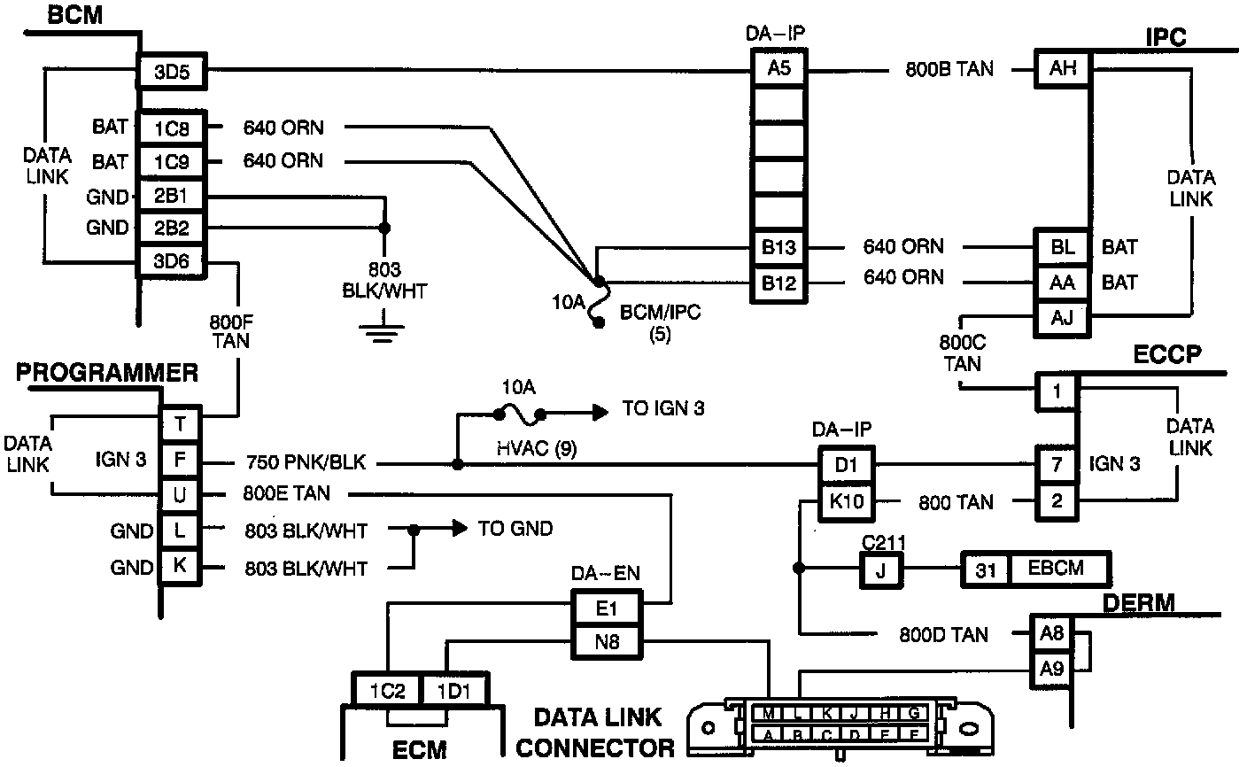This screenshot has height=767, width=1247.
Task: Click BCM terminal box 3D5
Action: (172, 71)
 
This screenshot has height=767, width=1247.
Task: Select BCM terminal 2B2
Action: (172, 228)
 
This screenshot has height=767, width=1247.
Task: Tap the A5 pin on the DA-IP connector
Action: (778, 68)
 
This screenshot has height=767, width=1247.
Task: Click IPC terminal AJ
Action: (1062, 318)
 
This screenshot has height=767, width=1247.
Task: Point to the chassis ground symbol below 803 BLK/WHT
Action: (383, 329)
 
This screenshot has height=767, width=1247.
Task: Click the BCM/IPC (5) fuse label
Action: (660, 322)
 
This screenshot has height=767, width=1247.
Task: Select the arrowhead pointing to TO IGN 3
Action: (600, 413)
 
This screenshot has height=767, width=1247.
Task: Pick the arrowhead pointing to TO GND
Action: (460, 528)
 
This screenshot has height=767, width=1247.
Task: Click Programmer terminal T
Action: (180, 424)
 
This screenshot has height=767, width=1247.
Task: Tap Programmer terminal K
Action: (180, 566)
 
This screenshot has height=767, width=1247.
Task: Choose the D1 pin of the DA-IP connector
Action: (846, 465)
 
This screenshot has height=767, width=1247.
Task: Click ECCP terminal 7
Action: (1057, 464)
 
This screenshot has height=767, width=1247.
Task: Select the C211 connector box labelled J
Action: (881, 570)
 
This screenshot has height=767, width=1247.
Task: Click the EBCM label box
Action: (1056, 569)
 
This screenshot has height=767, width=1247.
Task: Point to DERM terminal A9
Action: (1051, 669)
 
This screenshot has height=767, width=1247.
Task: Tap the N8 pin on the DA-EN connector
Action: (607, 642)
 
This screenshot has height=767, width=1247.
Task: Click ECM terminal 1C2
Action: (387, 691)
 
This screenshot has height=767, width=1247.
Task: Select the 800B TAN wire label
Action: (949, 69)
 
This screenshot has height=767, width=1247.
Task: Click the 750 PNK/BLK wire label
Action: (306, 462)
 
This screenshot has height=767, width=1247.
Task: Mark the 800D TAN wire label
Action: (943, 634)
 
